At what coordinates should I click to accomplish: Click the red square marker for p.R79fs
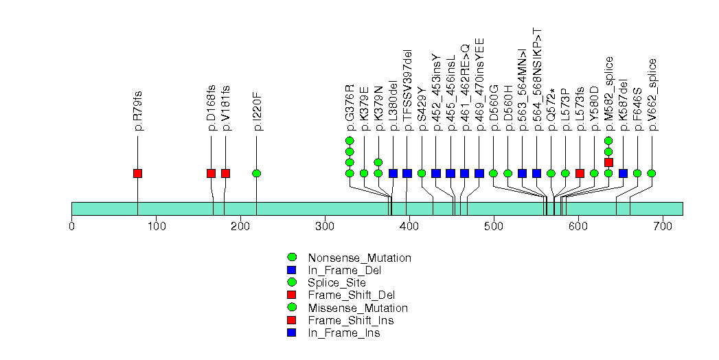(x=137, y=173)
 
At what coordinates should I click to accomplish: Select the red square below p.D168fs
(x=211, y=173)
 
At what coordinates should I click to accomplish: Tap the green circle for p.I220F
(x=256, y=173)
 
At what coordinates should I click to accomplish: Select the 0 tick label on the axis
(x=71, y=225)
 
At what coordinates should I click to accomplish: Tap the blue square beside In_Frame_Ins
(x=291, y=333)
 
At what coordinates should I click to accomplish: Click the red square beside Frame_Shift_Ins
(x=291, y=321)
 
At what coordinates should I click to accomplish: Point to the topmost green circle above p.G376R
(x=350, y=141)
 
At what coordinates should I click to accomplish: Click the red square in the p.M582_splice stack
(x=608, y=162)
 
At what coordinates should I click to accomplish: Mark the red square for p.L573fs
(x=580, y=173)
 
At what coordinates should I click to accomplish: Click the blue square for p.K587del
(x=623, y=173)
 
